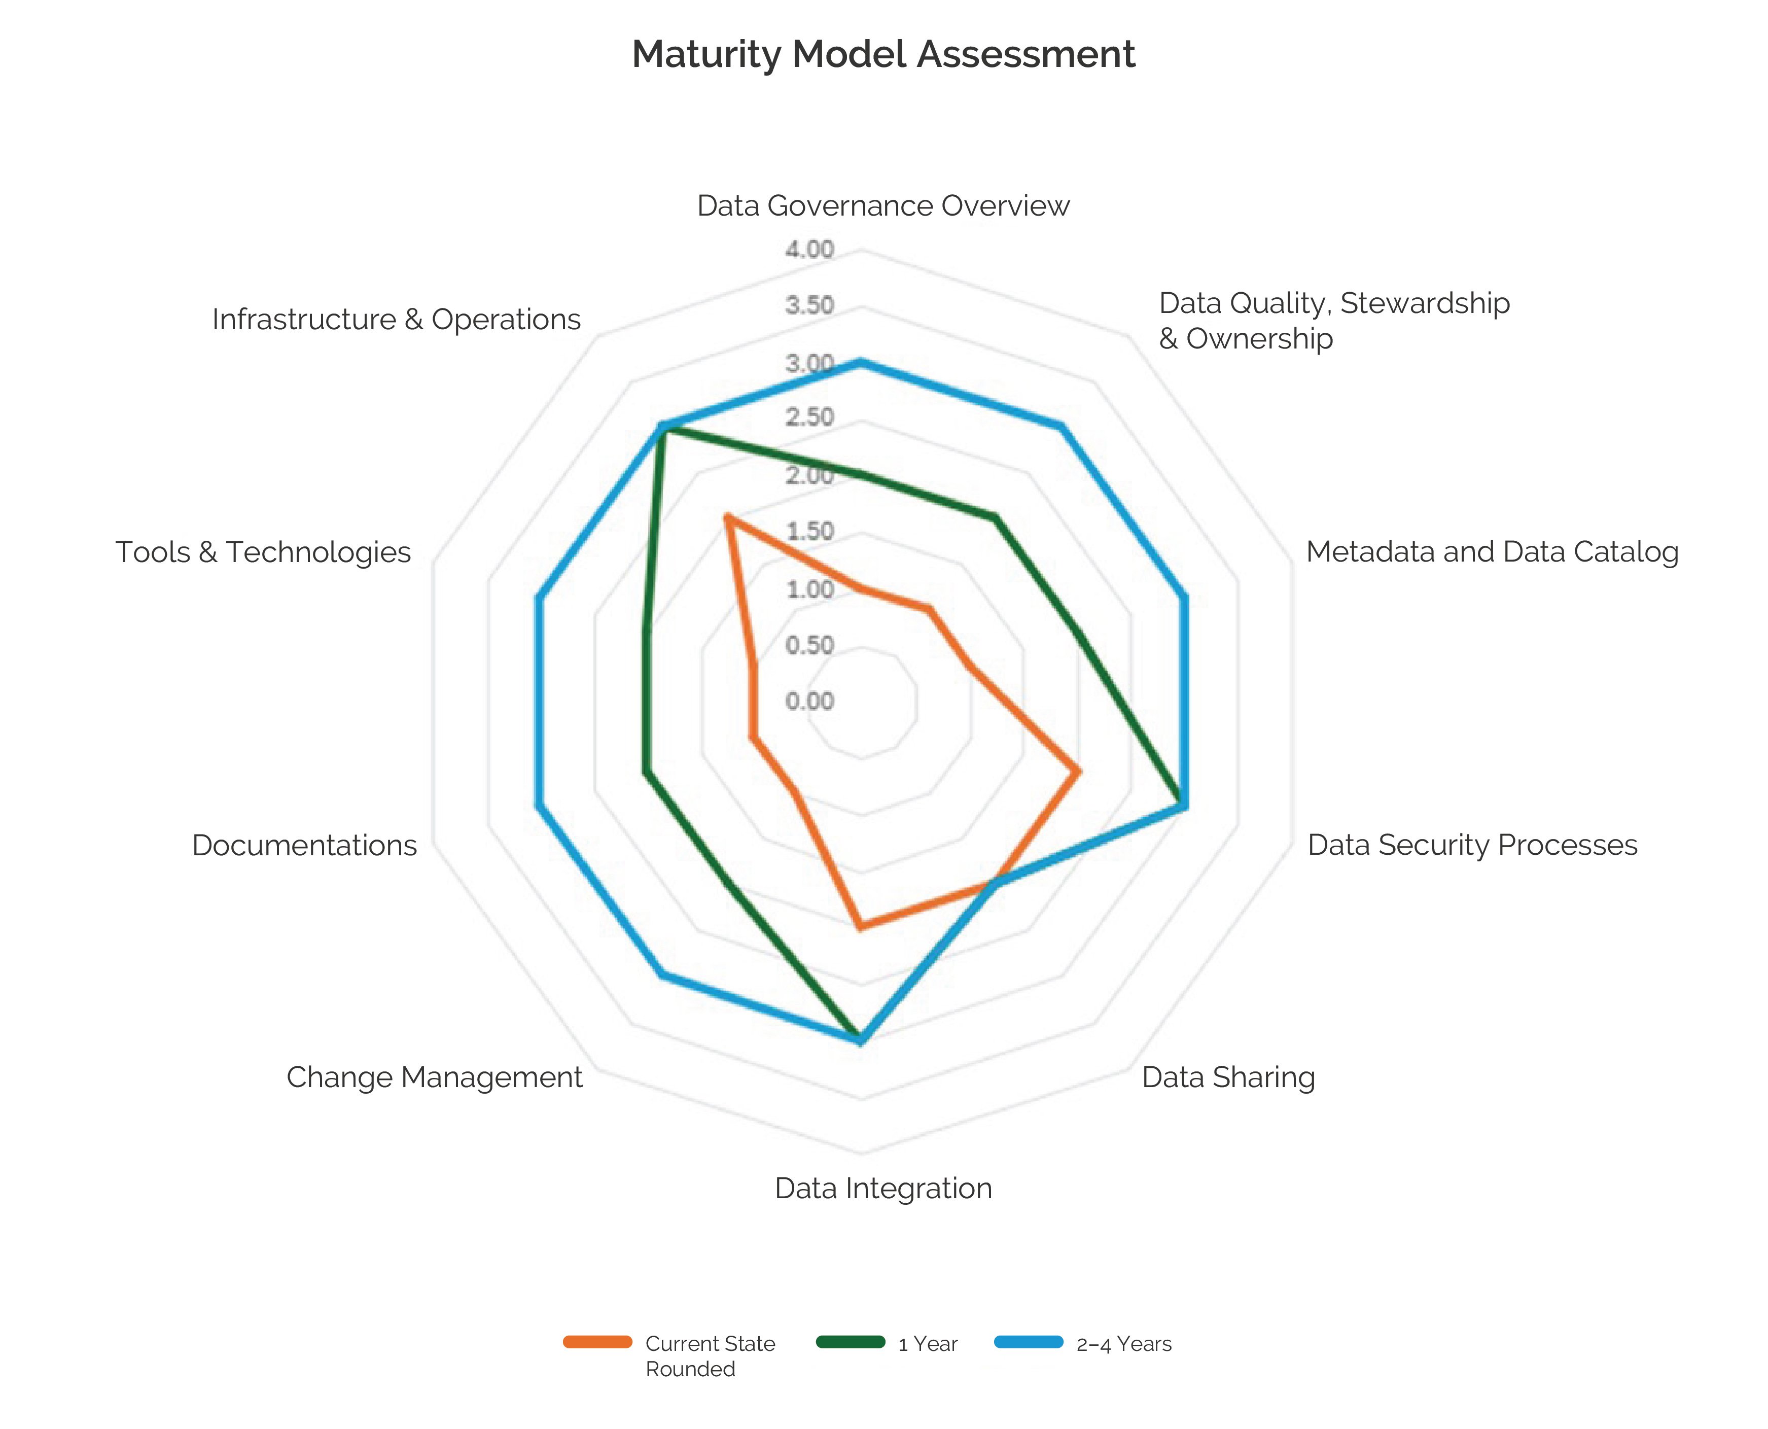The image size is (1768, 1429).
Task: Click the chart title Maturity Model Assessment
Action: pos(883,54)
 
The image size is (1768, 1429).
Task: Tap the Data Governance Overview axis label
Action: pos(883,206)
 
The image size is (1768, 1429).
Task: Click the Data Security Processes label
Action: pos(1472,846)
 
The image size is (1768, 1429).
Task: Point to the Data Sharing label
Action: pos(1228,1077)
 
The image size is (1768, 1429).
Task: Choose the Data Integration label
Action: pos(883,1189)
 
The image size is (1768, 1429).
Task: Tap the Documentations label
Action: pos(304,846)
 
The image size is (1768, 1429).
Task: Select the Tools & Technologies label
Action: pos(263,552)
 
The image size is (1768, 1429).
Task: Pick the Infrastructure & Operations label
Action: pos(396,320)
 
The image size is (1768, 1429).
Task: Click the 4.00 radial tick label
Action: pos(809,250)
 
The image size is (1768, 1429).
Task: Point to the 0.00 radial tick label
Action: pos(809,702)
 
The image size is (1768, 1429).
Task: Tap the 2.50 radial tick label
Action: pos(809,417)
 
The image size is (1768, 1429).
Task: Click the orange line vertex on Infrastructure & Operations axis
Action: pos(727,518)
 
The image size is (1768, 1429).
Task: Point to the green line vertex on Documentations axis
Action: pos(646,772)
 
